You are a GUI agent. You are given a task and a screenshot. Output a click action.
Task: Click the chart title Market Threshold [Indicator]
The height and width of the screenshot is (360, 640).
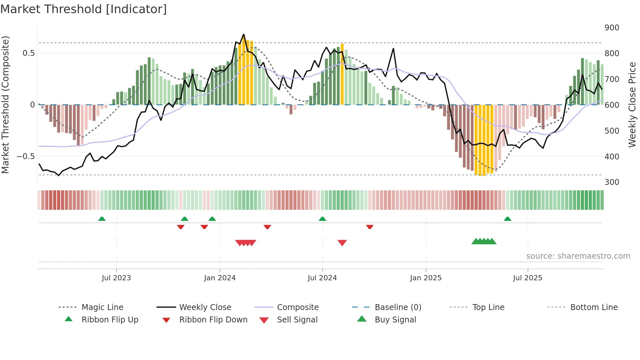point(84,9)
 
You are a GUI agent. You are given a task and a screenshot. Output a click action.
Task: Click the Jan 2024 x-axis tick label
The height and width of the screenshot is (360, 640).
point(220,278)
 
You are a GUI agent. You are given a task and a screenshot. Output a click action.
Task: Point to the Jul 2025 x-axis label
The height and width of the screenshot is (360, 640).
point(527,278)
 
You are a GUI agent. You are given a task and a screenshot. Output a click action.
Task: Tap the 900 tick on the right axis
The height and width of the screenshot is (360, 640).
point(612,28)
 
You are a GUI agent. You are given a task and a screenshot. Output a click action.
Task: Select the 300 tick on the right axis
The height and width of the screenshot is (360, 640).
point(612,182)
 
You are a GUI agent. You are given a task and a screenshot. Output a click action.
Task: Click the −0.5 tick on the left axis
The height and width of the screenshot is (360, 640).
point(26,156)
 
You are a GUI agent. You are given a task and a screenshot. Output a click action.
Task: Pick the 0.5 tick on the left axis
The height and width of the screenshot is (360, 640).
point(28,53)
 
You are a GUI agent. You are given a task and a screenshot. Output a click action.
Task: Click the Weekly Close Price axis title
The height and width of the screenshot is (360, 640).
point(632,105)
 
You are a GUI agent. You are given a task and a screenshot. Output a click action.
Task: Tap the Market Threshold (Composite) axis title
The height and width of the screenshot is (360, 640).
point(5,105)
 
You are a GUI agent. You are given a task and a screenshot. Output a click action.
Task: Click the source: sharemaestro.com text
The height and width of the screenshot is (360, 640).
point(578,256)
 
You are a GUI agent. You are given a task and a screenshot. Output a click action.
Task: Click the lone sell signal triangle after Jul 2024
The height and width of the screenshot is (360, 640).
point(342,242)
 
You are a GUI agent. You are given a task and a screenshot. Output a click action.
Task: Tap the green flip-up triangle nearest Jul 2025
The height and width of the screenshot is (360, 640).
point(507,219)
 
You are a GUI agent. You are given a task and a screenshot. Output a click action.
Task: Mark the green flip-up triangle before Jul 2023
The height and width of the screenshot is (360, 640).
point(102,219)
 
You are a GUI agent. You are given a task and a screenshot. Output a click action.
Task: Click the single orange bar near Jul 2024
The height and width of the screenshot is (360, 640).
point(342,74)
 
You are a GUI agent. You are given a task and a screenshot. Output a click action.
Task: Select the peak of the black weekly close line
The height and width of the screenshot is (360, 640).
point(244,34)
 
